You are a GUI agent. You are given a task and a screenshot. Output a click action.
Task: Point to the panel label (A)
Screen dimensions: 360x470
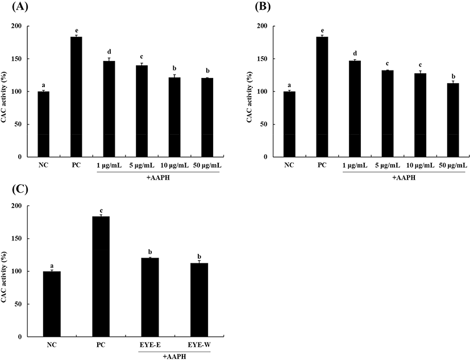point(14,7)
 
